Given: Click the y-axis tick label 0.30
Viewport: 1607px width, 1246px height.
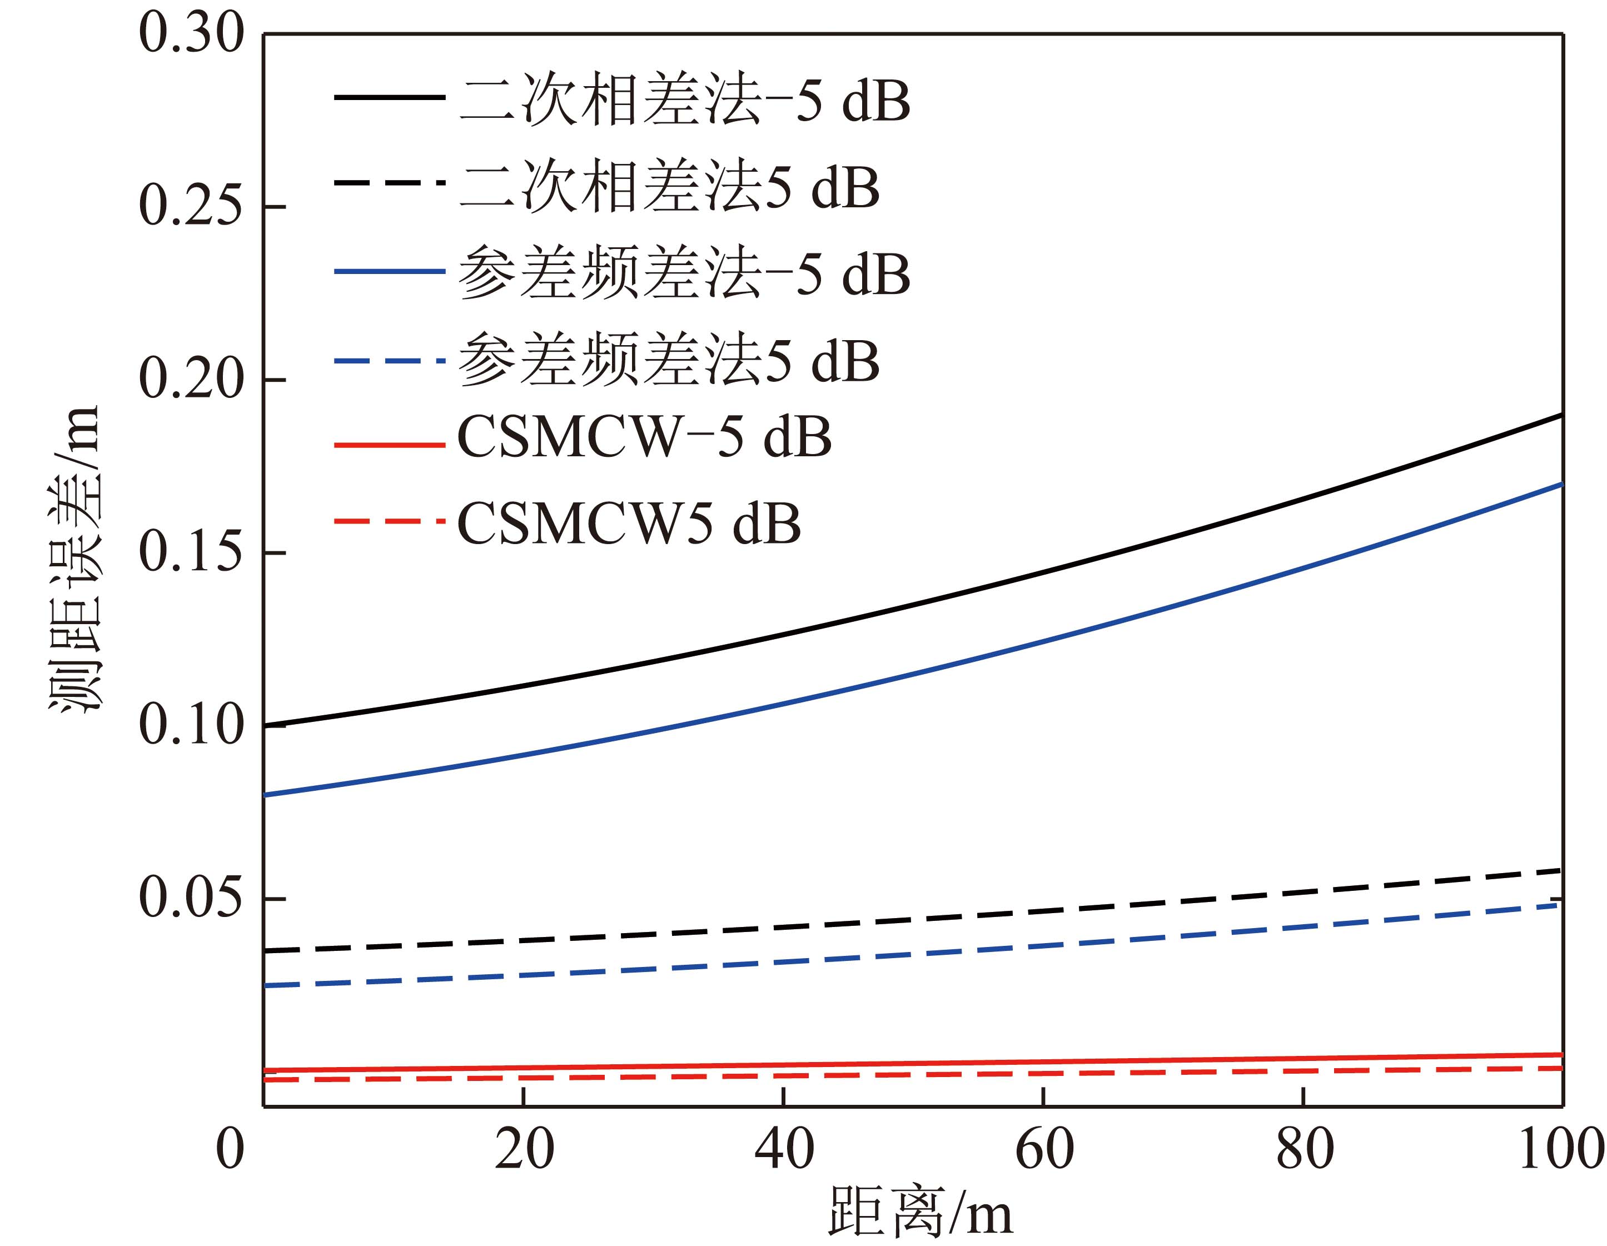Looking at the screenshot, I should pyautogui.click(x=191, y=34).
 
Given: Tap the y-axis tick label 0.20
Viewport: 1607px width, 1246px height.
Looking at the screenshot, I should pyautogui.click(x=191, y=380).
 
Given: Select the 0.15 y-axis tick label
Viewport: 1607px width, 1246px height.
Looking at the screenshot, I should pyautogui.click(x=191, y=552).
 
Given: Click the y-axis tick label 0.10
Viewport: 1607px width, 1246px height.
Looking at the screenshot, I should pyautogui.click(x=191, y=725).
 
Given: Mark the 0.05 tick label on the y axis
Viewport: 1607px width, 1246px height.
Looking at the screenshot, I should pyautogui.click(x=191, y=898).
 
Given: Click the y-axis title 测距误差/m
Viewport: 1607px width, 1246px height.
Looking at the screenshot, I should pyautogui.click(x=73, y=559).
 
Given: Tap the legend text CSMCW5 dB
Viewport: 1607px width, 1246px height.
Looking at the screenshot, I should pyautogui.click(x=629, y=524).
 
